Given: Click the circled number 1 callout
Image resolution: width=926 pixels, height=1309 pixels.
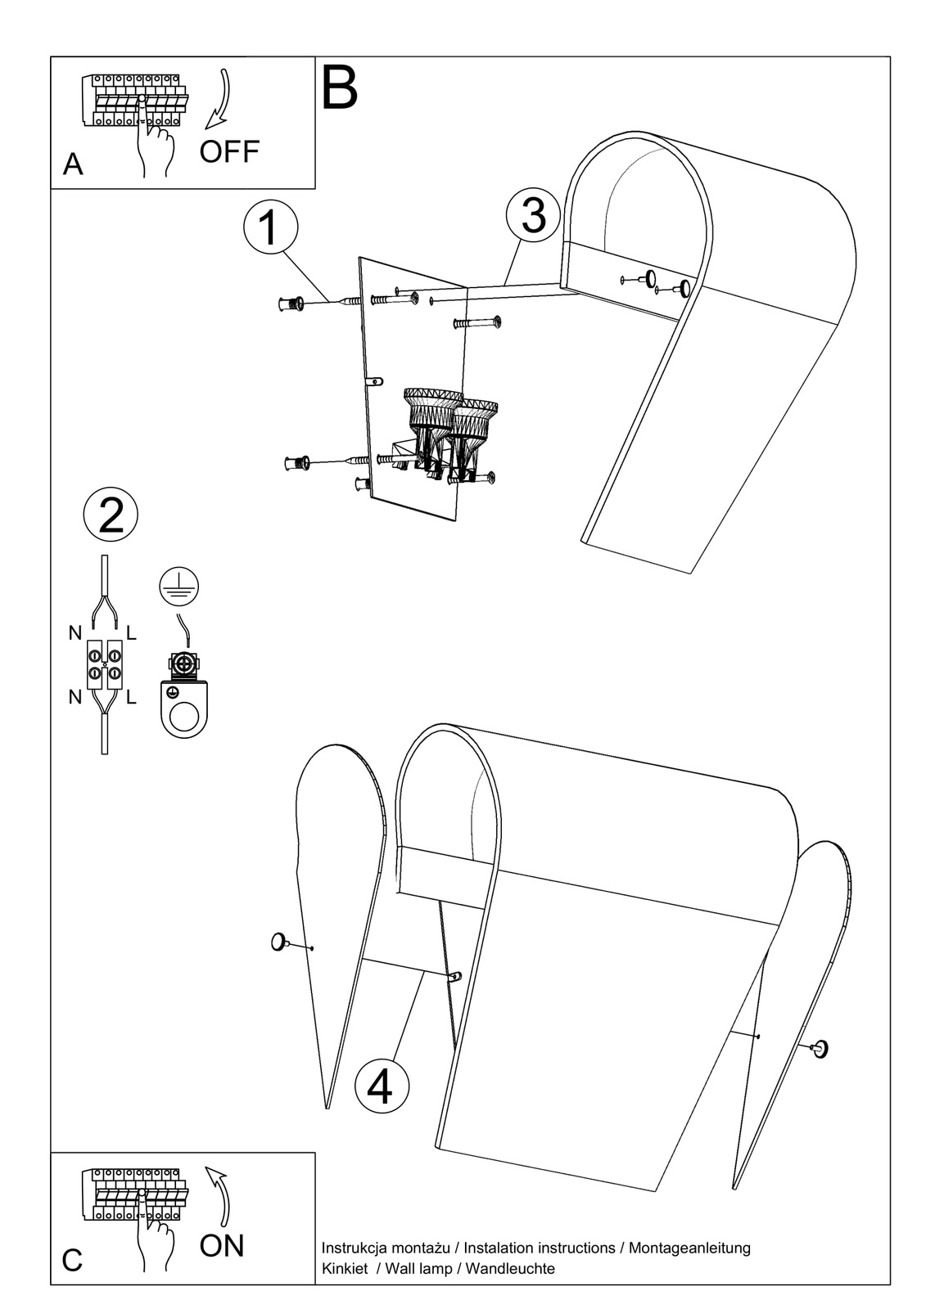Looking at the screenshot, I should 270,227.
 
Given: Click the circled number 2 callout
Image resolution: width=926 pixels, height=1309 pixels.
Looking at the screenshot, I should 111,515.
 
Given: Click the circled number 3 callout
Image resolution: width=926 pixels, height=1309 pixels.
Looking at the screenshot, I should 533,215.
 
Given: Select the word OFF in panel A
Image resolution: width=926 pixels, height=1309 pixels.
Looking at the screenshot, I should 229,151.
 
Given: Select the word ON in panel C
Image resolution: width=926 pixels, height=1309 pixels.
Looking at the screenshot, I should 222,1246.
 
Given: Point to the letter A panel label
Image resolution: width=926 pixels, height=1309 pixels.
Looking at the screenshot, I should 73,165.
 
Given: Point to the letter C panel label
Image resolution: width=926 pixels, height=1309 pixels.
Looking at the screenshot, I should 72,1261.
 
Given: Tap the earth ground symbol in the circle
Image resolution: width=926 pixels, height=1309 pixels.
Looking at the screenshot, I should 178,587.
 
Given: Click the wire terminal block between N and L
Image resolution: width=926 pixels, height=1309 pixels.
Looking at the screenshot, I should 105,663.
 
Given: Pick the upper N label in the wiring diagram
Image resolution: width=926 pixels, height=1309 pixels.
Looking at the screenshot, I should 75,633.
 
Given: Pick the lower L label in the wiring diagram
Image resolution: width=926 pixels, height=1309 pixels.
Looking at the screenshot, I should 131,698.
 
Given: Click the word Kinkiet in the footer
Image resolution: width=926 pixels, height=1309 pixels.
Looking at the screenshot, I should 344,1269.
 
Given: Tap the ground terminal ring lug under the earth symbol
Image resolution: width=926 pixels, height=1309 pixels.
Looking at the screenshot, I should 184,702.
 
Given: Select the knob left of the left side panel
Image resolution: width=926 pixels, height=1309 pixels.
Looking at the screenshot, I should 279,942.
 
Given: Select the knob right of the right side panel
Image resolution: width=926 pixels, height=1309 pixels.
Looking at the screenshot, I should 819,1049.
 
